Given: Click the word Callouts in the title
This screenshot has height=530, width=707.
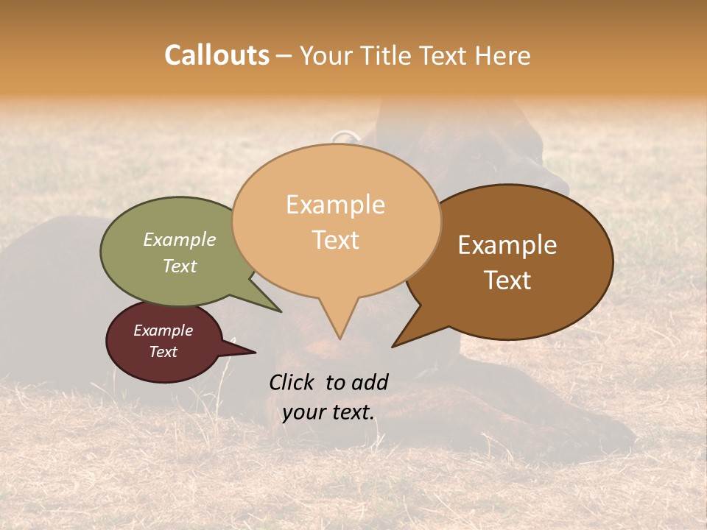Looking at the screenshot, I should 217,55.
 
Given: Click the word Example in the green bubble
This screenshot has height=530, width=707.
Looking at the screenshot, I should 180,239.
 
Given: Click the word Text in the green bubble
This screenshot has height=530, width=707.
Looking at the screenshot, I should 180,266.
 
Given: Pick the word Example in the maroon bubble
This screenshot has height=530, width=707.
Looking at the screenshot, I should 163,331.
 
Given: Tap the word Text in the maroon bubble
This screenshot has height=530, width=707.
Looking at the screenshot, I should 163,352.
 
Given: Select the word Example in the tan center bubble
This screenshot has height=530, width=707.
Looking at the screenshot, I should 335,205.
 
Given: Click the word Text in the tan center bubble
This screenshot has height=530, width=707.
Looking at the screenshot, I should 335,240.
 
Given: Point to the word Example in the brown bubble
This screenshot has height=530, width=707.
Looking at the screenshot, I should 507,245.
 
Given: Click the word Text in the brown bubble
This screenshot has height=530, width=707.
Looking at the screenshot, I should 507,280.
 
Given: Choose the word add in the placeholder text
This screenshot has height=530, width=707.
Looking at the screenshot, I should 369,382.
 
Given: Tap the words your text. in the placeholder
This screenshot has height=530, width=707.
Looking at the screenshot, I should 328,412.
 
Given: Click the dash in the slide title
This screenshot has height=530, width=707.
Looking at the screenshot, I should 284,55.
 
